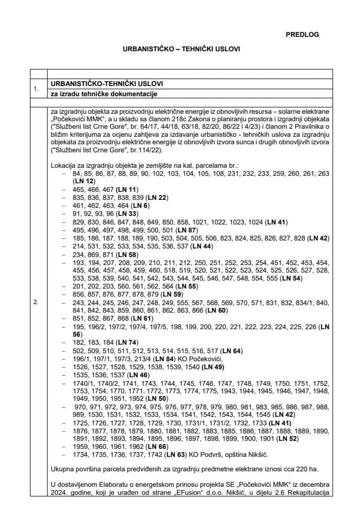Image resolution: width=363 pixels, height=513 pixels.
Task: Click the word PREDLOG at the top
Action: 302,34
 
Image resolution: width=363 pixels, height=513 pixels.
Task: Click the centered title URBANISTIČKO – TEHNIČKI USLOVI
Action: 181,49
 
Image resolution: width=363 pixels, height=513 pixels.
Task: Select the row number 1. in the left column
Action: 36,89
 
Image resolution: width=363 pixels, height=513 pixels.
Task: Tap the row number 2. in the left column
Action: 36,302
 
